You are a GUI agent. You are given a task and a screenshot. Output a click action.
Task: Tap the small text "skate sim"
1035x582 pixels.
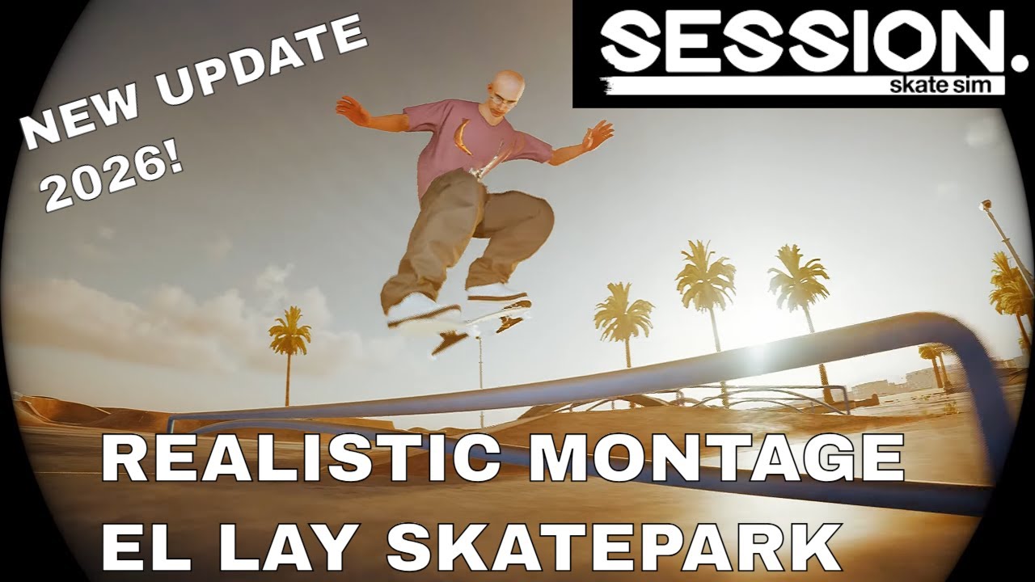(x=945, y=85)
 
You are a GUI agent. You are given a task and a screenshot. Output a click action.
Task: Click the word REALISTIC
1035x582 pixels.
(x=288, y=458)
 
